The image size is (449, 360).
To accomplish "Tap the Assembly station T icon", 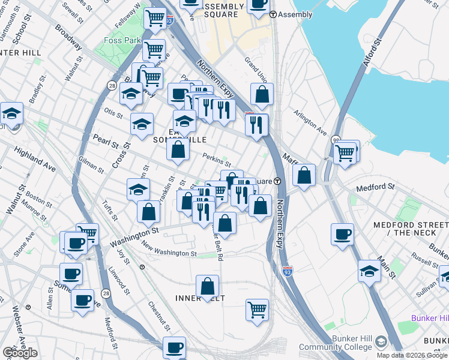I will (x=273, y=14).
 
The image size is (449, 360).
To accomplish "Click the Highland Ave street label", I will (x=34, y=160).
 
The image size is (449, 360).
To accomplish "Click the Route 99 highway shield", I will (x=335, y=140).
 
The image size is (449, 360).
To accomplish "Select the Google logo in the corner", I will (x=20, y=353).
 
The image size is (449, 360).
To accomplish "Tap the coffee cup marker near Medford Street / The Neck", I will (x=342, y=235).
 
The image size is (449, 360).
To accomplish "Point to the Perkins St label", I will (x=217, y=159).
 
